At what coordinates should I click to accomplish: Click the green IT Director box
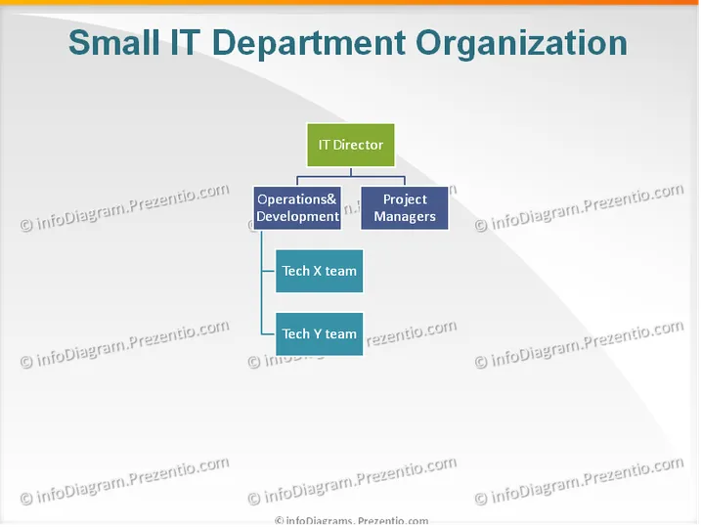click(x=351, y=145)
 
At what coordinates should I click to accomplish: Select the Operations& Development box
click(x=297, y=208)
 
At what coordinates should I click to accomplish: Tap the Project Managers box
click(x=404, y=208)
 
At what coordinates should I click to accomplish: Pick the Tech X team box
click(x=319, y=271)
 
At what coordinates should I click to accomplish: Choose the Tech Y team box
click(x=319, y=334)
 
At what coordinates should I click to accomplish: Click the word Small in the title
click(x=113, y=43)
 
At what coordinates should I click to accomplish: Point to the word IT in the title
click(x=186, y=43)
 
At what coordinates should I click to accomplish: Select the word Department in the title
click(x=308, y=44)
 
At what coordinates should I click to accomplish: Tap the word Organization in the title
click(x=521, y=44)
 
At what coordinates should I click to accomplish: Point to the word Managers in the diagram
click(x=405, y=217)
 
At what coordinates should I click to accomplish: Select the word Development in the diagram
click(x=298, y=217)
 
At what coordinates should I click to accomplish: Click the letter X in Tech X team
click(x=318, y=271)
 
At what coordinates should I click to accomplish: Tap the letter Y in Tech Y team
click(x=318, y=334)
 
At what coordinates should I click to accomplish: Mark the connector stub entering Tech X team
click(x=269, y=271)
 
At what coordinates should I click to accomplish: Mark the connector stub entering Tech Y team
click(x=269, y=334)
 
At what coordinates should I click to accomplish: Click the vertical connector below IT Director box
click(x=351, y=171)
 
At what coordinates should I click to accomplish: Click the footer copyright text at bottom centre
click(x=351, y=521)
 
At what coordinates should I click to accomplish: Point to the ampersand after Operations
click(x=331, y=199)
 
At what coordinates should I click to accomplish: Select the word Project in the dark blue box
click(x=405, y=199)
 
